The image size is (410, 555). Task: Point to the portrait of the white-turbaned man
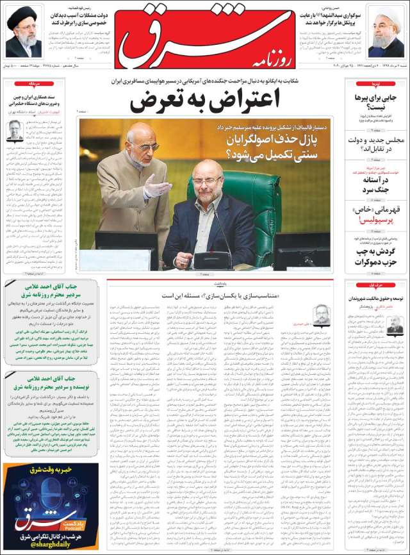pyautogui.click(x=386, y=32)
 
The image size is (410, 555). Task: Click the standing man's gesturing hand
pyautogui.click(x=157, y=187)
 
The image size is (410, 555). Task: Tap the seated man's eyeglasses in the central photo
pyautogui.click(x=206, y=182)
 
